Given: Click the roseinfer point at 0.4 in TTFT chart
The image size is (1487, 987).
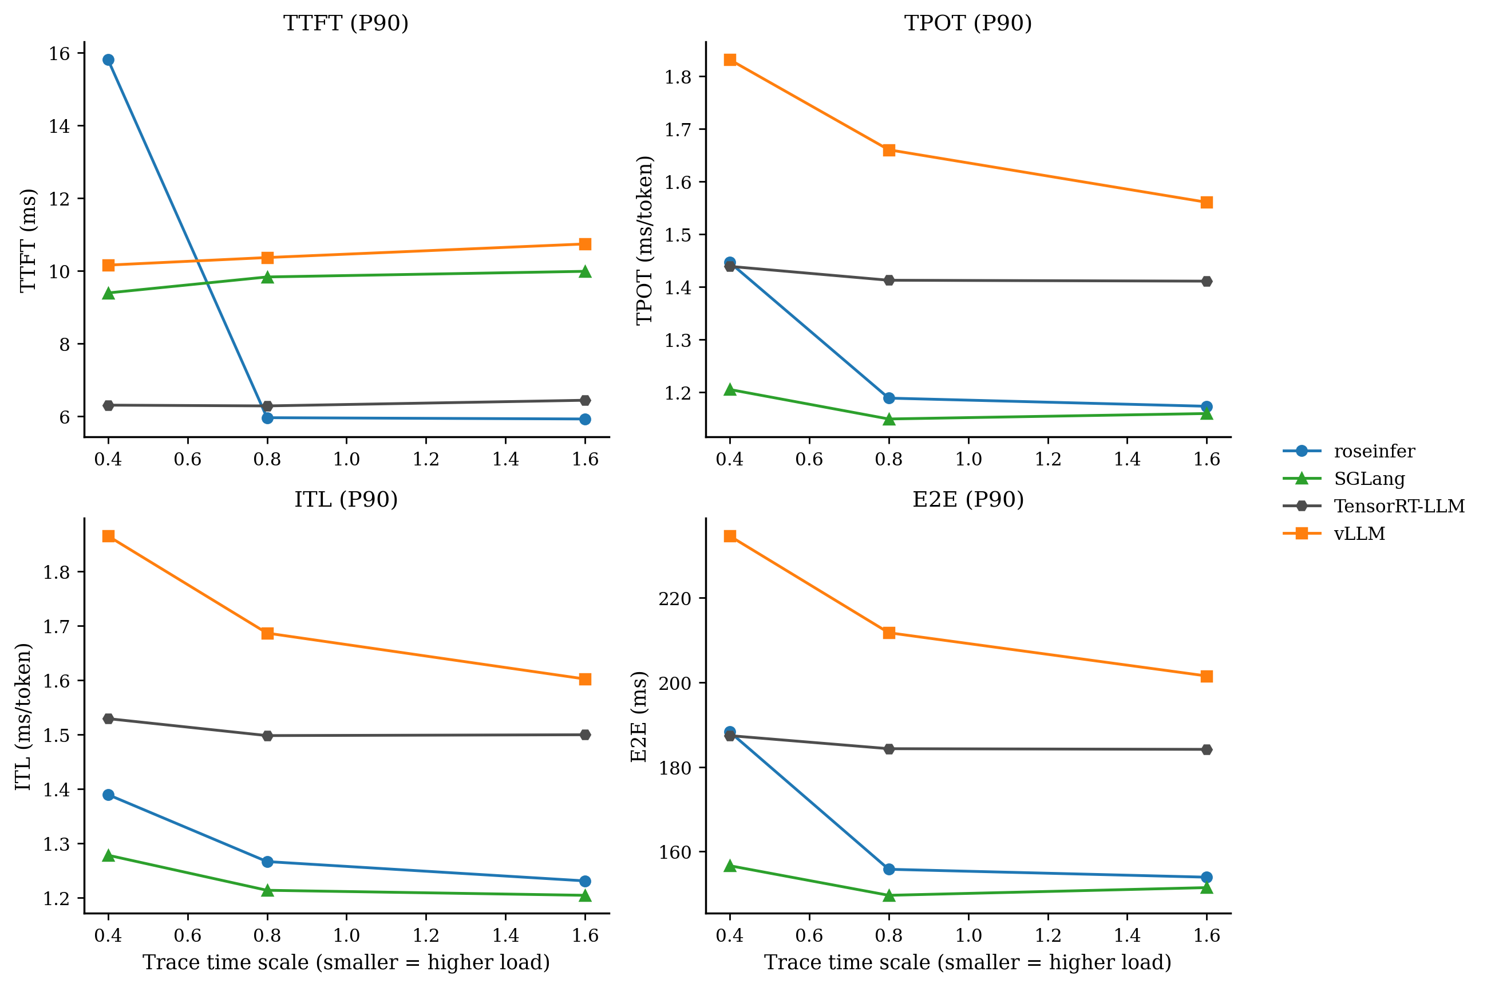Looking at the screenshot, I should [108, 60].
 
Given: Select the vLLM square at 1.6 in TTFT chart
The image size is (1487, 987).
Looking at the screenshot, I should [584, 244].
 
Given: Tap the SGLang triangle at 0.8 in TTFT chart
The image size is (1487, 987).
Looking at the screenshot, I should [267, 277].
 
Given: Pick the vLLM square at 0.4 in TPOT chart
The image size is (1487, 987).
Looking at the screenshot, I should [730, 60].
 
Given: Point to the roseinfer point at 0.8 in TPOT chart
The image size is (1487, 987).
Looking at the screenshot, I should [888, 398].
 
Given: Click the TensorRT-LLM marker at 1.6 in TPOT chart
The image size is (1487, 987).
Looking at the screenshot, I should [1207, 281].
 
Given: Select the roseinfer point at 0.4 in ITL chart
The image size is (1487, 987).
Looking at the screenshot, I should [108, 795].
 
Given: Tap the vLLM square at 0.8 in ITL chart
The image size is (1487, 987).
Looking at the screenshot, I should [267, 633].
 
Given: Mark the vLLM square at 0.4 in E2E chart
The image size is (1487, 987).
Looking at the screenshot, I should [730, 536].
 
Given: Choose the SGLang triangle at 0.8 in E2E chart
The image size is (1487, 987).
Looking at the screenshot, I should [888, 895].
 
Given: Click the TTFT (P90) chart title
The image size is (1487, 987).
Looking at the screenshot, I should [346, 23].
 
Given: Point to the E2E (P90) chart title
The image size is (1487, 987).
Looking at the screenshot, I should [968, 499].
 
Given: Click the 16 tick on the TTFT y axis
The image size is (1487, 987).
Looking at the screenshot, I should [59, 53].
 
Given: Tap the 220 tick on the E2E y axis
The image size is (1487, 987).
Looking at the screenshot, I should [675, 599].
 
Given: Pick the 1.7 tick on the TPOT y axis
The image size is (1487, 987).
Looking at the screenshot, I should [678, 129].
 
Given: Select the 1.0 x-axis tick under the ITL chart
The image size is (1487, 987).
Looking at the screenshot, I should [346, 935].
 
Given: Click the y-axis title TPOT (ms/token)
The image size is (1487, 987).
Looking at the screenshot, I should [644, 240].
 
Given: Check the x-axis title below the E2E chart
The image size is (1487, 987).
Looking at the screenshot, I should [968, 962].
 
